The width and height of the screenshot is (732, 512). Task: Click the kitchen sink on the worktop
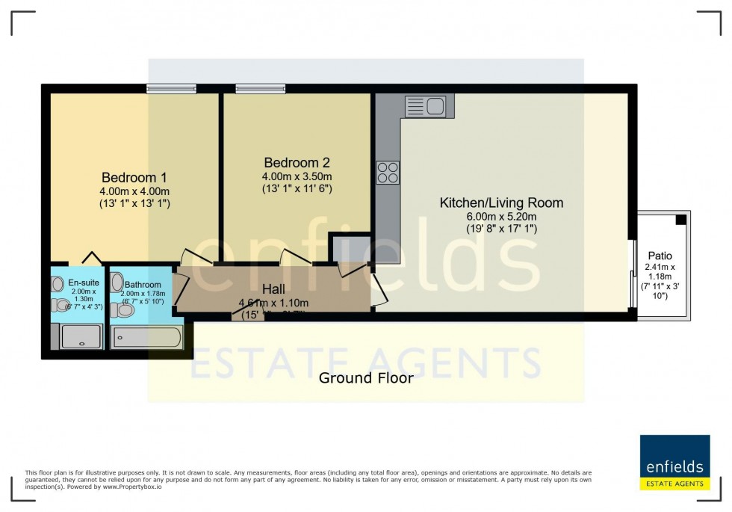425,106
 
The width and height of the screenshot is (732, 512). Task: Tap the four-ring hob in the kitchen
388,173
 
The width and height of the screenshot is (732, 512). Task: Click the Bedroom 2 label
297,162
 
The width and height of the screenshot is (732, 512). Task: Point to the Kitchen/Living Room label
500,203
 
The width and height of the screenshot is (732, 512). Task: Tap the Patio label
660,256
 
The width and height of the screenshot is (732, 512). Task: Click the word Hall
273,289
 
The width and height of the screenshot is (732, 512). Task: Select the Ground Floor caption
365,378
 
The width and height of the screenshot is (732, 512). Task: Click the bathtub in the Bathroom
146,338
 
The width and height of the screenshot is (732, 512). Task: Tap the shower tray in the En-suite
81,338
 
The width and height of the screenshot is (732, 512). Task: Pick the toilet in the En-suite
61,305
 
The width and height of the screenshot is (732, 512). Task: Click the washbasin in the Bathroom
117,283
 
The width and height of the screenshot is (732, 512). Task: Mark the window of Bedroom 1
171,89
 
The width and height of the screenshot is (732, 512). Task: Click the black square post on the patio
680,220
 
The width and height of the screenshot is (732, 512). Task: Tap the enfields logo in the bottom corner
674,463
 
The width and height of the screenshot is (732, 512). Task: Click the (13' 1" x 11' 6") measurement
297,188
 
